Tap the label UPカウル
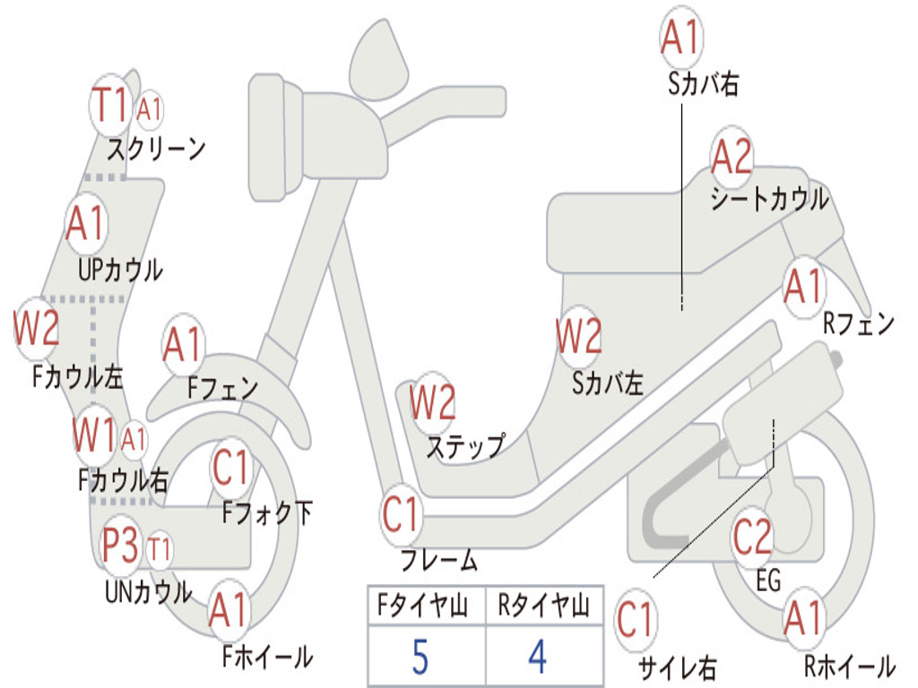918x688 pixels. tap(120, 269)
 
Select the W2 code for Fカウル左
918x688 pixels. tap(37, 329)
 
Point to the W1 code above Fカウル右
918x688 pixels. tap(95, 436)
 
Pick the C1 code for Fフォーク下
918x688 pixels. tap(232, 467)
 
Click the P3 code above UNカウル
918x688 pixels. tap(120, 546)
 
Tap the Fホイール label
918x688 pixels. tap(267, 657)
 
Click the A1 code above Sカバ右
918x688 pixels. tap(680, 38)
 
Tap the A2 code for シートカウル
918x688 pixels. tap(732, 158)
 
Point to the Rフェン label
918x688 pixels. tap(859, 323)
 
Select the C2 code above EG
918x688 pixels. tap(752, 537)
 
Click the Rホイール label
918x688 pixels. tap(849, 666)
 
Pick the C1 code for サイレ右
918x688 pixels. tap(636, 620)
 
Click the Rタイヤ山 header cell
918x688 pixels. tap(543, 607)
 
